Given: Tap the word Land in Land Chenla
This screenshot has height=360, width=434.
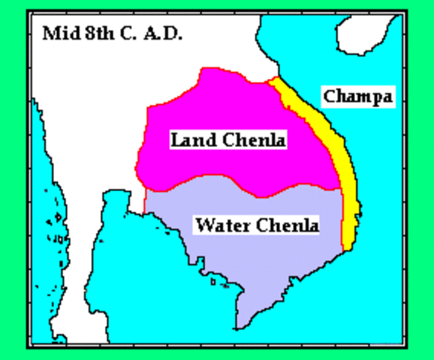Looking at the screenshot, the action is click(189, 139).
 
